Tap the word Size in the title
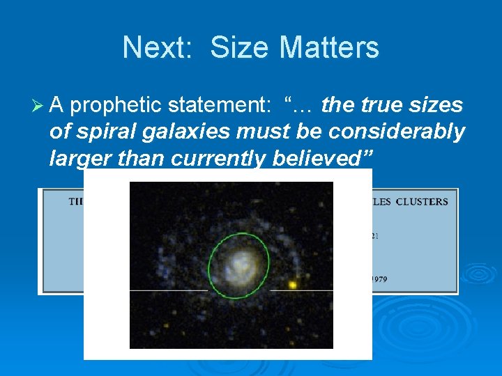236,48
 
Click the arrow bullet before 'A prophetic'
40,106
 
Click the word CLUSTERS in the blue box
422,202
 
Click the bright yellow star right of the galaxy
293,285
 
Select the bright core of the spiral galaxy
241,264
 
